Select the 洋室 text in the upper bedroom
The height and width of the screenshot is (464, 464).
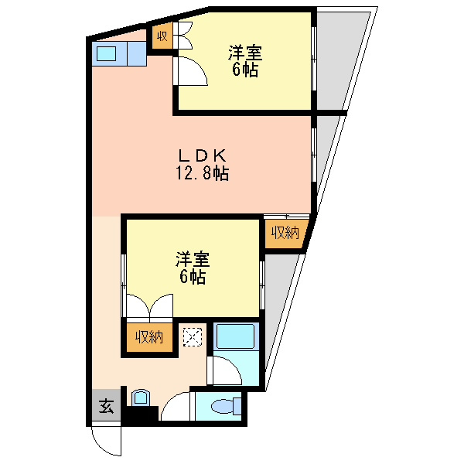click(x=244, y=53)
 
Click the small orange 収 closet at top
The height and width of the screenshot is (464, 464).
click(x=162, y=36)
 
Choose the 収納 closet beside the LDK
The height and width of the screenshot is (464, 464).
click(x=284, y=230)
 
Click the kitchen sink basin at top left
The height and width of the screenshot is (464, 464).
click(x=106, y=54)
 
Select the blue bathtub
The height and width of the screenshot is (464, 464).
click(x=239, y=339)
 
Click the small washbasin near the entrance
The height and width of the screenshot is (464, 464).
click(x=141, y=398)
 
